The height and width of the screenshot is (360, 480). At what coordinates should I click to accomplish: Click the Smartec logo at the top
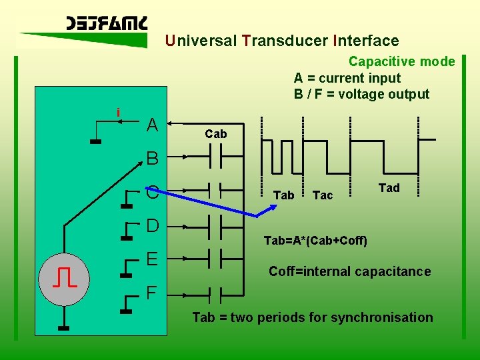point(107,24)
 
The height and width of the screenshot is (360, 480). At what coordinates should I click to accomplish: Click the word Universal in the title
point(200,41)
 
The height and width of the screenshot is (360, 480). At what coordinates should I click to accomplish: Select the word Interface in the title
point(365,41)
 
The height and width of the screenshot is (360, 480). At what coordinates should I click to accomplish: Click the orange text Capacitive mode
point(401,62)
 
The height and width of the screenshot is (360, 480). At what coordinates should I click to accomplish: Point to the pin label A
point(153,125)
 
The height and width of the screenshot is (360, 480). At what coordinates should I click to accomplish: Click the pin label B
point(153,159)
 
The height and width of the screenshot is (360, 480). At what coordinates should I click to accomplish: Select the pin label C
point(153,193)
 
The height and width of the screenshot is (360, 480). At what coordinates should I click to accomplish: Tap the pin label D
point(153,225)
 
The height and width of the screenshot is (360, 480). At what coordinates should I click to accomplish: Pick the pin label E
point(153,258)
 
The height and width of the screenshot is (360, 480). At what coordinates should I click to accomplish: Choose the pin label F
point(153,292)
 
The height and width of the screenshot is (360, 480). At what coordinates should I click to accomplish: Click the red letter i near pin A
point(118,113)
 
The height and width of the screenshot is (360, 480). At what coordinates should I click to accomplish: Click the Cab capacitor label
point(216,134)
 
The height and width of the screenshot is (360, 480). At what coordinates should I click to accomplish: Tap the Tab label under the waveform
point(284,195)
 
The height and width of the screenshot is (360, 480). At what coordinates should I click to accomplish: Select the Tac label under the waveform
point(323,195)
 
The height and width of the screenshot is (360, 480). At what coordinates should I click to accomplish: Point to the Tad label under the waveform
point(389,188)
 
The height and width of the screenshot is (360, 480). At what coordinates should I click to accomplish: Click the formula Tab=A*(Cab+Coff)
point(315,240)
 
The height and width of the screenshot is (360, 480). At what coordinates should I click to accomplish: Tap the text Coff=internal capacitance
point(349,271)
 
